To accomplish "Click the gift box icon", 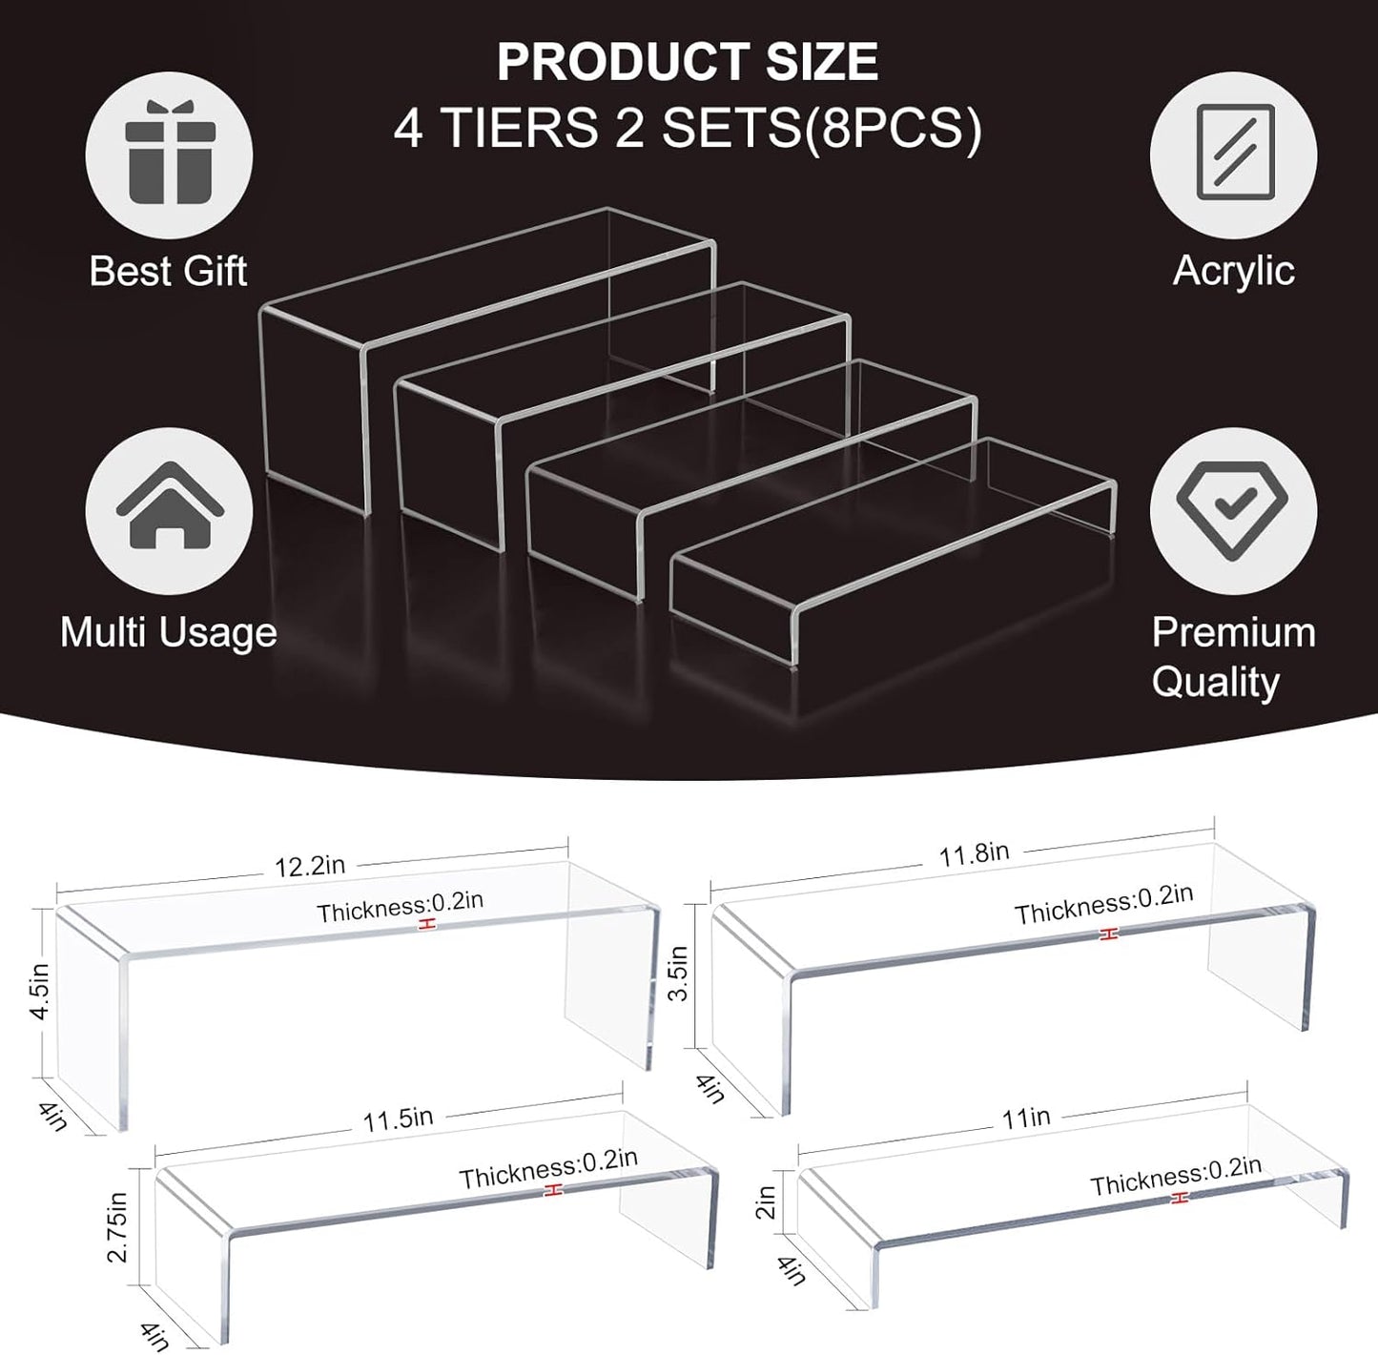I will click(169, 155).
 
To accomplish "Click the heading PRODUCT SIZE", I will click(688, 63).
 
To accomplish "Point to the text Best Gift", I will click(168, 272).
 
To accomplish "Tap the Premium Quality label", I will click(1232, 657).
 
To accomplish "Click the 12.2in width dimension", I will click(310, 867).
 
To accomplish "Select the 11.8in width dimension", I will click(974, 853).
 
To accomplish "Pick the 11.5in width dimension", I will click(398, 1119).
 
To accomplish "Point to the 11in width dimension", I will click(1026, 1117).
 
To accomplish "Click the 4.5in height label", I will click(39, 991).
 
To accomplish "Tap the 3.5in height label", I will click(678, 973).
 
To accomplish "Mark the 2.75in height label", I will click(117, 1226).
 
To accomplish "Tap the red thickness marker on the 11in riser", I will click(1182, 1199).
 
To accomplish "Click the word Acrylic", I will click(1233, 271).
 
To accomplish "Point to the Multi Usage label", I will click(169, 633).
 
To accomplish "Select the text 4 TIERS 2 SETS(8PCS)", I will click(688, 129).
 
